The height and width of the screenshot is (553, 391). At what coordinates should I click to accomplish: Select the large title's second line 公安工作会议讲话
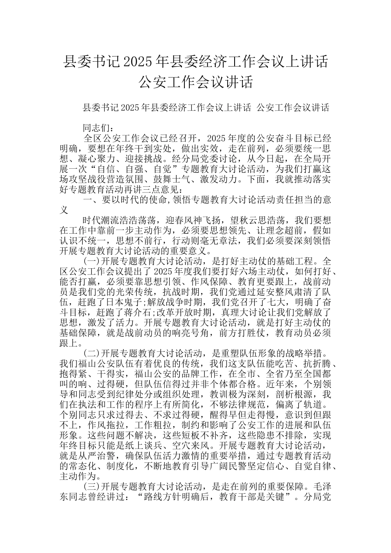click(195, 82)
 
